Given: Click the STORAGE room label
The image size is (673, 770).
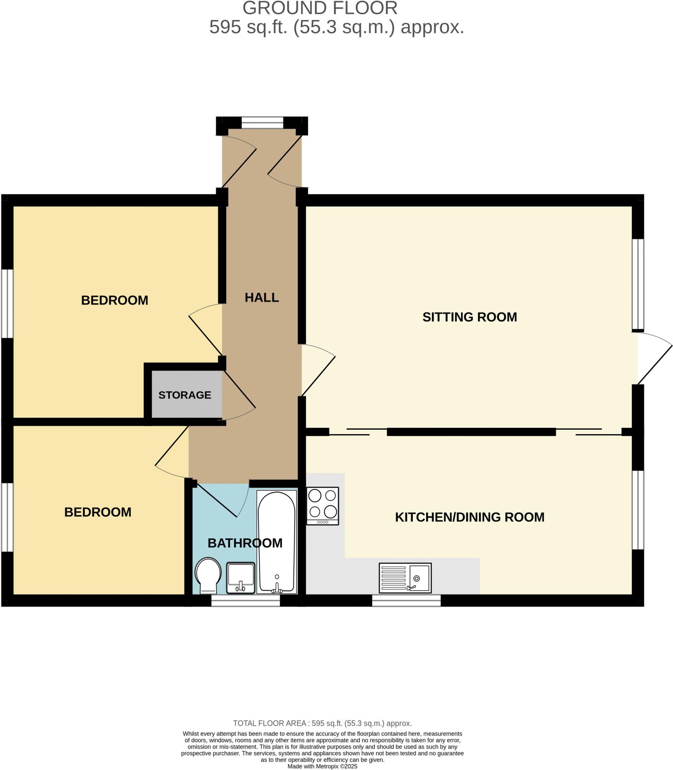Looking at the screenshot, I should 185,395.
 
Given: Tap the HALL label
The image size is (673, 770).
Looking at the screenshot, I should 262,297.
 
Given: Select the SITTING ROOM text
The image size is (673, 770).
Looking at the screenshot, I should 469,317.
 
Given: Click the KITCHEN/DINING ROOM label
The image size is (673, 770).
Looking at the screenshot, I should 469,517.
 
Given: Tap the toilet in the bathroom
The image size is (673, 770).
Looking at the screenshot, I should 208,575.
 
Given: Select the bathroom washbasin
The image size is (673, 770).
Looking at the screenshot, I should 240,578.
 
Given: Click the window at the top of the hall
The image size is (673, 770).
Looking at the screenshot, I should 262,123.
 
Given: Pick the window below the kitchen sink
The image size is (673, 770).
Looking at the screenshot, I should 406,600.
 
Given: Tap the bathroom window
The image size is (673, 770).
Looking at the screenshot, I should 245,600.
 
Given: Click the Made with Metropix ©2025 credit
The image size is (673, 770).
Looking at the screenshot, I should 322,766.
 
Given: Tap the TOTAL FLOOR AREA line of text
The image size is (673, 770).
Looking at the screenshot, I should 322,723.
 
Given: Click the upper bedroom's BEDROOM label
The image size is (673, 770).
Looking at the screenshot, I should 115,300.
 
